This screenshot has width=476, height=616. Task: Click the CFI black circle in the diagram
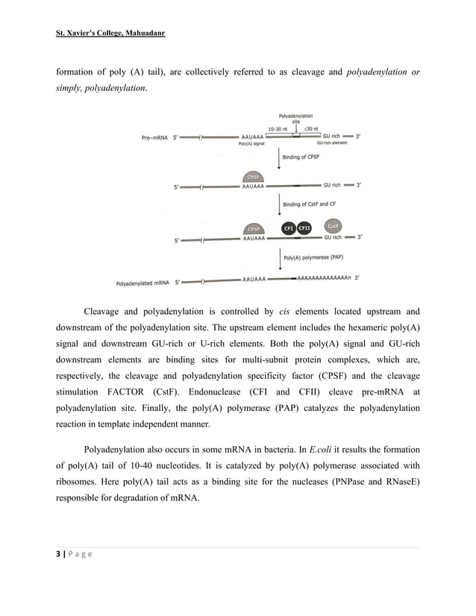289,227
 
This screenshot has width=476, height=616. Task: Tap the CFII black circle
304,227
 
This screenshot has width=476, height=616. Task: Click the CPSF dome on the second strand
254,177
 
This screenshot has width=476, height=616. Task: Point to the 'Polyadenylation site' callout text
295,119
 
